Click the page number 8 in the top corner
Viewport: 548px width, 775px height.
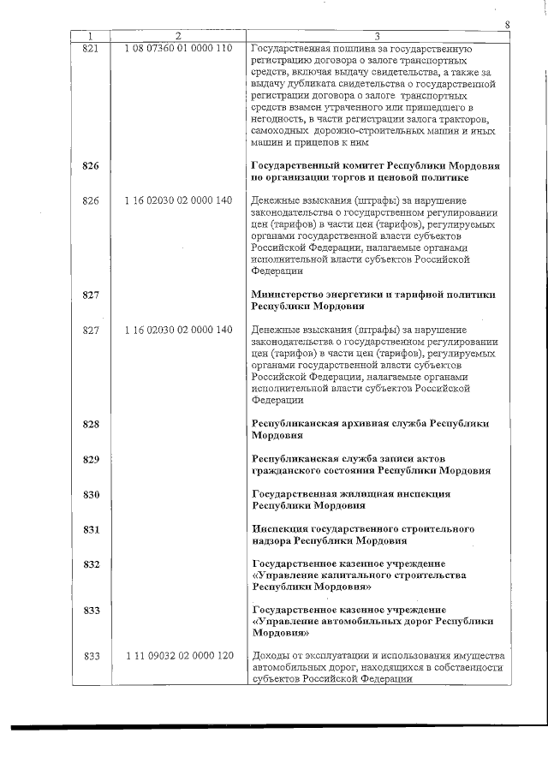pos(508,25)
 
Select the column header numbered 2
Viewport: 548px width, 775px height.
pos(177,36)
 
